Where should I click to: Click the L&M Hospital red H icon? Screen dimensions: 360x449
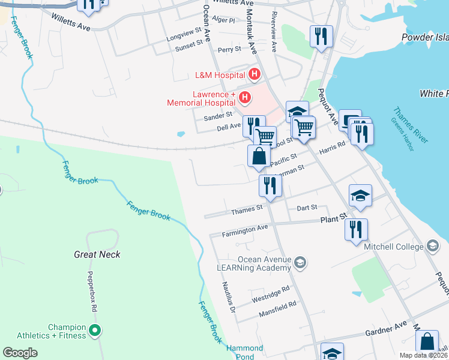pos(254,75)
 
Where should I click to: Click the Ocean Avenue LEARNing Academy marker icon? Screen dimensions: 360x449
pos(301,263)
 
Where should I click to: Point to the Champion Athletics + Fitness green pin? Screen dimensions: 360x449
pos(94,329)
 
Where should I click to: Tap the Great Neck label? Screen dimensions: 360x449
pos(97,254)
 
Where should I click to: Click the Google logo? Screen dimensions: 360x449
pos(20,352)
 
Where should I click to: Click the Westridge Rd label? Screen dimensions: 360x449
pos(271,290)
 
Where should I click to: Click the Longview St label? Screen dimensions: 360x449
pos(184,32)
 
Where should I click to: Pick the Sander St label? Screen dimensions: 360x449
pos(218,116)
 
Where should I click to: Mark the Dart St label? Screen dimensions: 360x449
pos(307,208)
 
